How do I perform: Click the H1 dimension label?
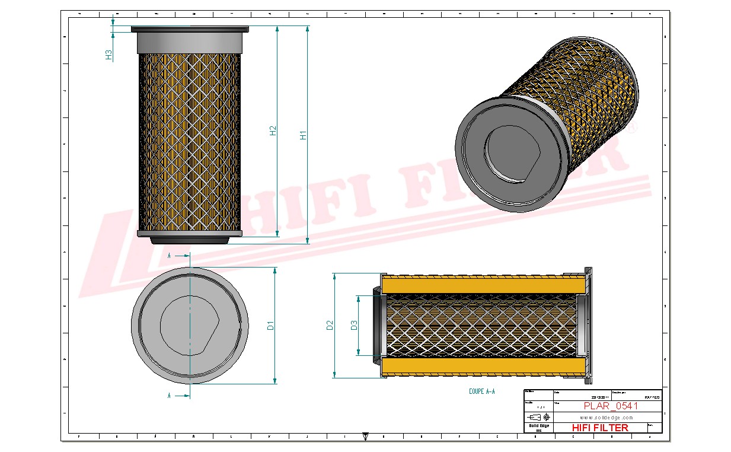(x=304, y=135)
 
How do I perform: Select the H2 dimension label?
(x=273, y=131)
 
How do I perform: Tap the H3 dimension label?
(x=109, y=55)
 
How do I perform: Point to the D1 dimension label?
(x=270, y=325)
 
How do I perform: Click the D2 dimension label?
(x=330, y=325)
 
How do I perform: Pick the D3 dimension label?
(x=354, y=325)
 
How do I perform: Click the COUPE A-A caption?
(x=481, y=391)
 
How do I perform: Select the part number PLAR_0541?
(x=611, y=406)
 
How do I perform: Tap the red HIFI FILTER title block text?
(x=599, y=428)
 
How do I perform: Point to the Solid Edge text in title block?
(x=538, y=426)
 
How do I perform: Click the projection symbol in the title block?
(x=538, y=417)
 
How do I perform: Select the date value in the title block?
(x=599, y=397)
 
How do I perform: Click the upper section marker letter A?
(x=170, y=256)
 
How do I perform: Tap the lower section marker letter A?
(x=170, y=395)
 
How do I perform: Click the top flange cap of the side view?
(x=190, y=29)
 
